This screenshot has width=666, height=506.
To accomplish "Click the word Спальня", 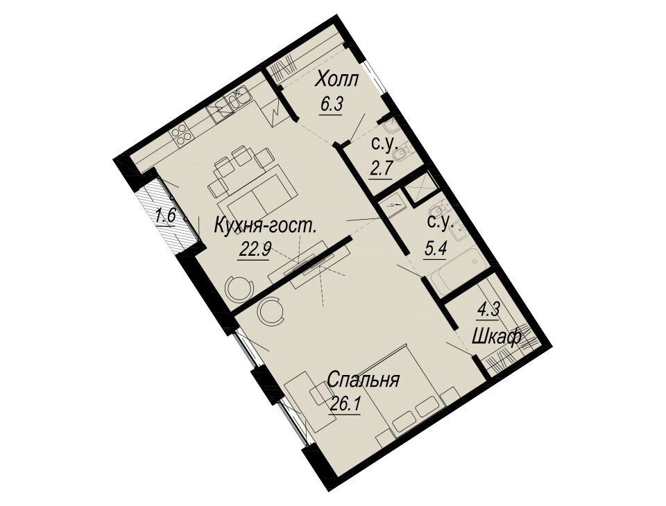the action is click(364, 380).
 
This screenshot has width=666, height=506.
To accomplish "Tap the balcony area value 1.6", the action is click(165, 216).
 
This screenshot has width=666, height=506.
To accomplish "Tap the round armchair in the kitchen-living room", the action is click(240, 288).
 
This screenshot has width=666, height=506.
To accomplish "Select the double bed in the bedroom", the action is click(409, 390).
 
